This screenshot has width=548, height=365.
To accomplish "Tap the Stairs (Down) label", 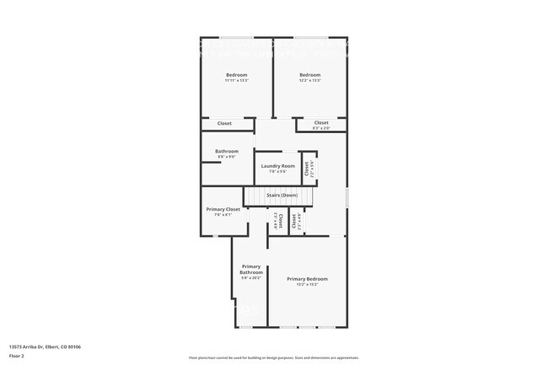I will [x=282, y=196].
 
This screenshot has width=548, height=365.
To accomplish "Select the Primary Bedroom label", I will [x=307, y=278].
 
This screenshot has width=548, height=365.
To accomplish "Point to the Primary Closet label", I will [x=223, y=209].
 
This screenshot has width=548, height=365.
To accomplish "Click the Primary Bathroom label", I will [x=251, y=270].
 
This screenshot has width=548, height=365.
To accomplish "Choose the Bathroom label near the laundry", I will [x=226, y=151].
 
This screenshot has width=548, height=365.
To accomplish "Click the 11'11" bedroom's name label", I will [x=236, y=76].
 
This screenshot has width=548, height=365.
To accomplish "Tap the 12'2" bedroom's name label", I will [x=309, y=76].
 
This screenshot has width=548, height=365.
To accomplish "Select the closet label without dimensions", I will [x=224, y=124].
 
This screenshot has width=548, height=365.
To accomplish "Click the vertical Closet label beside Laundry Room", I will [x=307, y=167].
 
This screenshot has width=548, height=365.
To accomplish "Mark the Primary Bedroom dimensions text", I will [x=307, y=284].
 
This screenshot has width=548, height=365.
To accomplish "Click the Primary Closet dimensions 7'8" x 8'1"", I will [x=223, y=214].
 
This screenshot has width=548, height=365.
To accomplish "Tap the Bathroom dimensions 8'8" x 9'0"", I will [x=226, y=156].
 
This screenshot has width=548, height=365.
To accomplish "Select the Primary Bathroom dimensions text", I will [x=251, y=277].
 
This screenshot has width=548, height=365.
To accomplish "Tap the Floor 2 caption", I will [x=18, y=356].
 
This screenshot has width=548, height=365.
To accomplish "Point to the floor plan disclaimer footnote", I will [x=273, y=357].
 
